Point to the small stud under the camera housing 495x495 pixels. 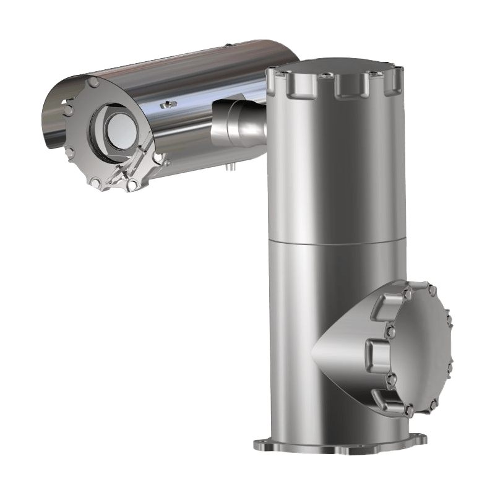coord(231,166)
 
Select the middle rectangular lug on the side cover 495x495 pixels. coord(378,351)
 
